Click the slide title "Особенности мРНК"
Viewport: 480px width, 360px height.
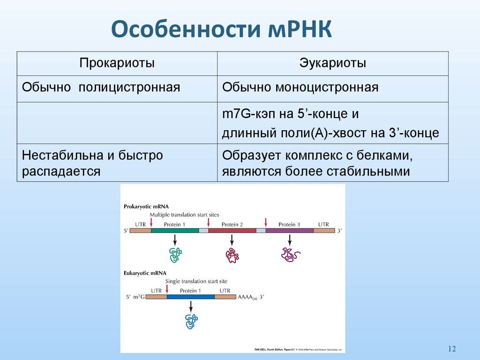pos(221,29)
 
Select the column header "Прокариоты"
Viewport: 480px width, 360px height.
pos(117,63)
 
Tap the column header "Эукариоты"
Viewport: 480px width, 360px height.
pos(333,63)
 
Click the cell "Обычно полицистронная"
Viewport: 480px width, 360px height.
pos(101,88)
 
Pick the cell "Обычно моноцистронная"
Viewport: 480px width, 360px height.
pos(300,88)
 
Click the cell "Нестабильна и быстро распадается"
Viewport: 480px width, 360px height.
pos(92,163)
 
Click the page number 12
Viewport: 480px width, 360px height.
pos(452,348)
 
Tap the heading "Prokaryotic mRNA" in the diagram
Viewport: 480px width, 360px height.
pos(146,206)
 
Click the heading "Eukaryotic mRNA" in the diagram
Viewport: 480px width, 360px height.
pos(145,273)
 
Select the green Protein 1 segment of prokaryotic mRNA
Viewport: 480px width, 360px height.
pos(175,231)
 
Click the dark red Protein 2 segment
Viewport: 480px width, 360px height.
pos(232,231)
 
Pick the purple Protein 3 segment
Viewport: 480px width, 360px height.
pos(290,231)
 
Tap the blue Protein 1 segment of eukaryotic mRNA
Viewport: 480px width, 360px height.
pos(190,297)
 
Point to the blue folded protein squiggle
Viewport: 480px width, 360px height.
pos(191,321)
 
